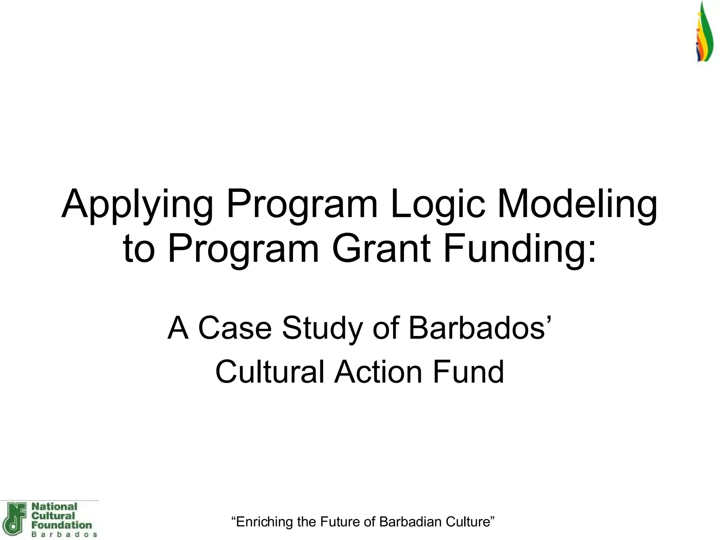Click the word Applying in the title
point(137,206)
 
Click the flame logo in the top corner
point(705,33)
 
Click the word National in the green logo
point(54,507)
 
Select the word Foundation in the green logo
point(62,525)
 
